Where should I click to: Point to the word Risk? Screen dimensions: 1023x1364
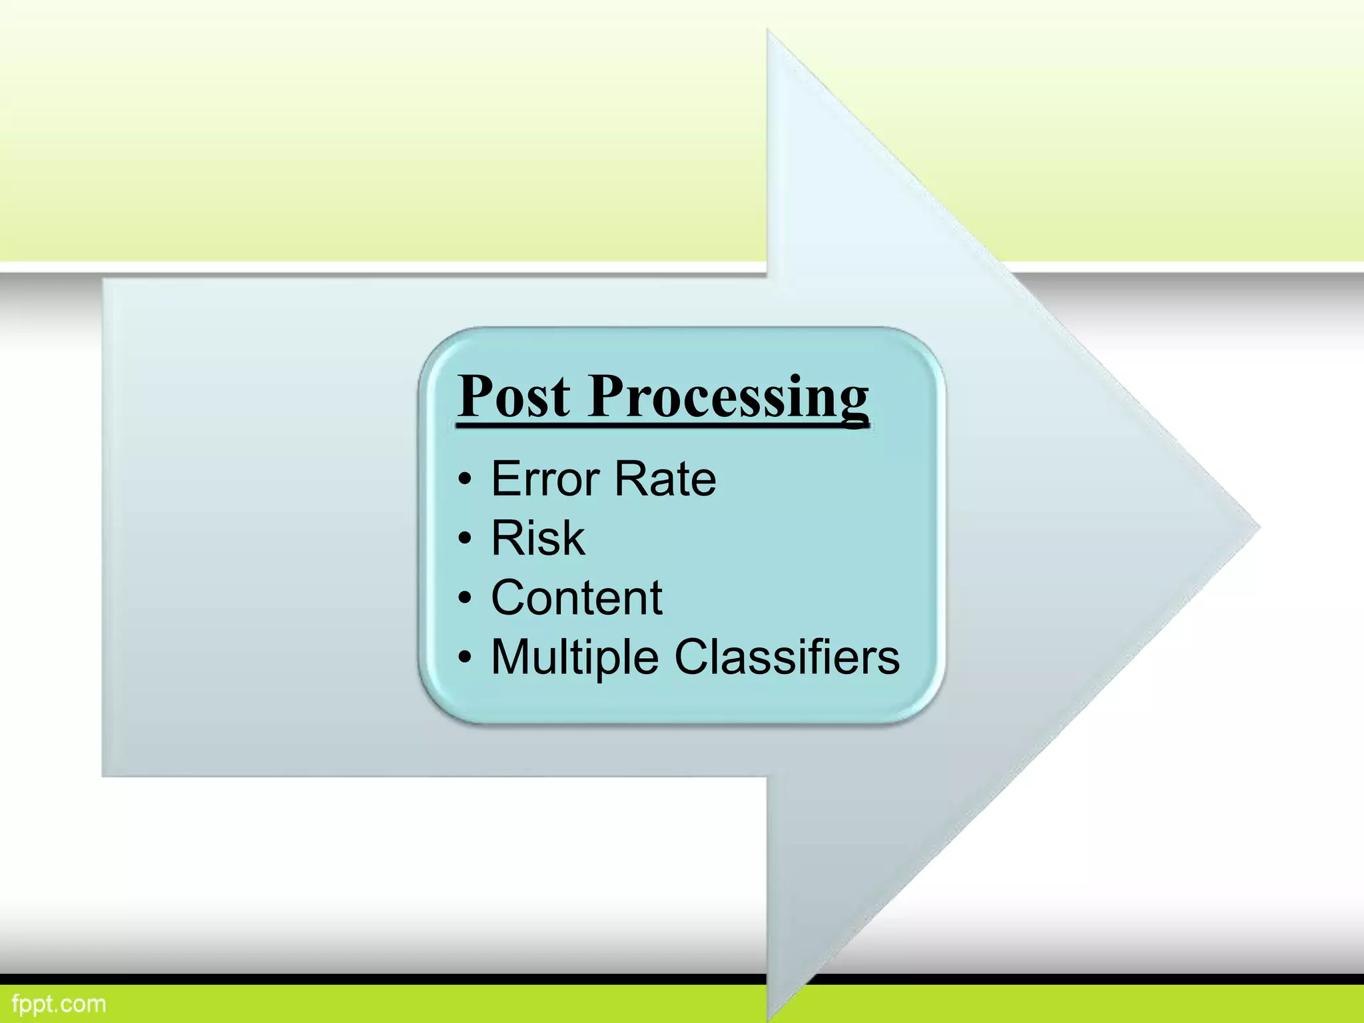[x=538, y=538]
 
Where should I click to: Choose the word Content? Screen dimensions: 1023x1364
[x=577, y=597]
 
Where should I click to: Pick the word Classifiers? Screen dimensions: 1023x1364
[x=787, y=657]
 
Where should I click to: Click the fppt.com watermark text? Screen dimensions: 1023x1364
[x=59, y=1004]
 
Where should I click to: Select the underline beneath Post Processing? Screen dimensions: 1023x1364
[x=663, y=424]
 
